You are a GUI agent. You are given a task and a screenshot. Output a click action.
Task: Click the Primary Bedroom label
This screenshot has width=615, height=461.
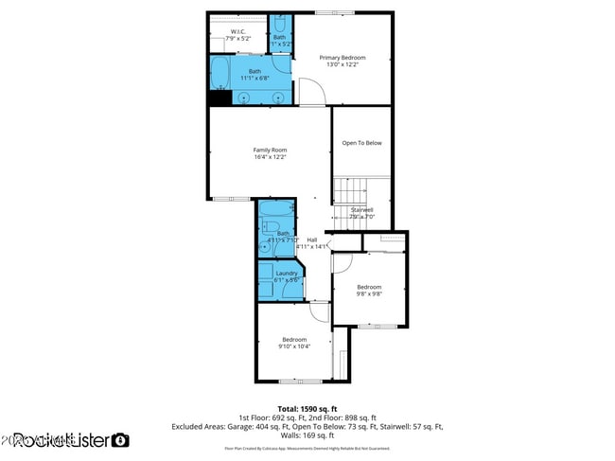[x=342, y=58]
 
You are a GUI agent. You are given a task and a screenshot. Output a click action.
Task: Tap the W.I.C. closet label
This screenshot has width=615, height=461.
[x=237, y=32]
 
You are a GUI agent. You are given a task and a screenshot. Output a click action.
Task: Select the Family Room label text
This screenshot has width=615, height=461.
[x=270, y=150]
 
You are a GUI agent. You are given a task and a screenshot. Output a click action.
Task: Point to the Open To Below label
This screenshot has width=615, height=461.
[x=361, y=143]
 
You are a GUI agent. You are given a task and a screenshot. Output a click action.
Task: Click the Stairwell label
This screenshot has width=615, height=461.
[x=362, y=209]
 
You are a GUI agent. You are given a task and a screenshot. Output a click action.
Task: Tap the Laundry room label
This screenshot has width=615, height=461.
[x=287, y=274]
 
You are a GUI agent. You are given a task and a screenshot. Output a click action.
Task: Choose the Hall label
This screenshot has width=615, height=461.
[x=311, y=239]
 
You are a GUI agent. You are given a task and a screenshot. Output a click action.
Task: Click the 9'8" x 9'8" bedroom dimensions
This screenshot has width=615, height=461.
[x=369, y=293]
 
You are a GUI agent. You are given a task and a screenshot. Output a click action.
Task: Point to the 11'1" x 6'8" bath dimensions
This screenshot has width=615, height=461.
[x=255, y=79]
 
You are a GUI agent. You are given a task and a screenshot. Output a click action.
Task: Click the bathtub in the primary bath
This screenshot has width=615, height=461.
[x=220, y=72]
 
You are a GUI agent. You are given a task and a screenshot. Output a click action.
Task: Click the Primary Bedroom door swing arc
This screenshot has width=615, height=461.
[x=313, y=92]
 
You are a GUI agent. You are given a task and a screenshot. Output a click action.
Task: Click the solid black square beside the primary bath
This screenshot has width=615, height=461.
[x=220, y=97]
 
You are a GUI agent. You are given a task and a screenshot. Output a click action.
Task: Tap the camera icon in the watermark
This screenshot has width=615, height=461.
[x=121, y=440]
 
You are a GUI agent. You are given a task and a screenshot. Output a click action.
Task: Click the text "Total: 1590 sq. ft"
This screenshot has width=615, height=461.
[x=307, y=409]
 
